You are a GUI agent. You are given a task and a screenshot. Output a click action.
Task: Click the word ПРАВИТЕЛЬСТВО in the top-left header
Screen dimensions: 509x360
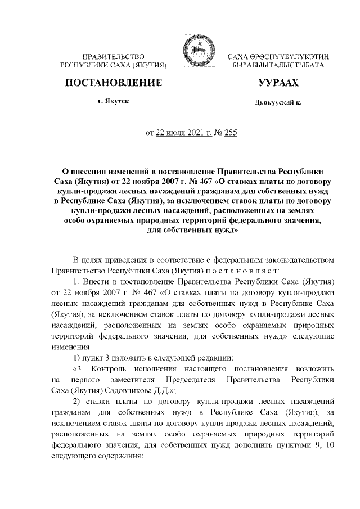(x=114, y=57)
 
